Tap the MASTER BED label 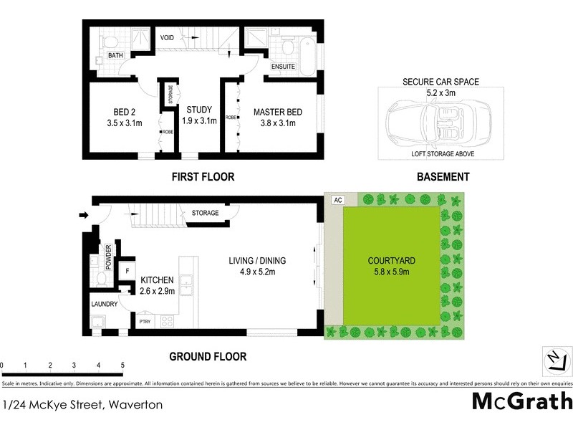278,118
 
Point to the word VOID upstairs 168,37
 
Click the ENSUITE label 284,67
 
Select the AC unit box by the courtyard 337,200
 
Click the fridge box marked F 127,271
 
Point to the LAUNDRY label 105,305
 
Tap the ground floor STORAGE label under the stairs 205,213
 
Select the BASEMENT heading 444,176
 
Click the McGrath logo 522,400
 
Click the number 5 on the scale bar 123,365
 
